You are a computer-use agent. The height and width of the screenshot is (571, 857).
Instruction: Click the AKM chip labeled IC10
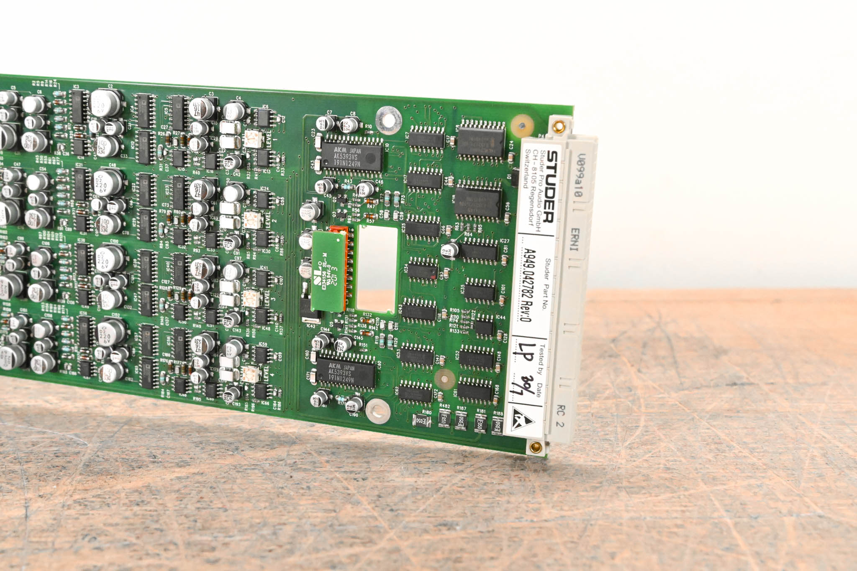(352, 156)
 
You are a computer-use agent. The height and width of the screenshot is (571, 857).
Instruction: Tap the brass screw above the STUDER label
(558, 126)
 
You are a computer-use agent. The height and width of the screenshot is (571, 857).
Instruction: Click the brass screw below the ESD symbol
(535, 447)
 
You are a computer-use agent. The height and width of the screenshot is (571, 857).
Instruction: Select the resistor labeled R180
(422, 420)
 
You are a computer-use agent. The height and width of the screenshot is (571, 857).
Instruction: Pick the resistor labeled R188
(497, 425)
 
